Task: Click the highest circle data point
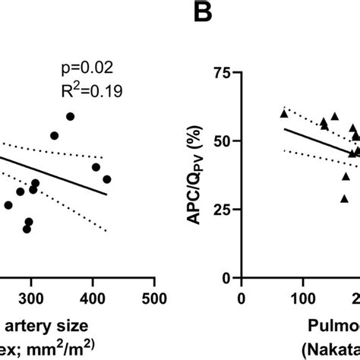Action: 71,116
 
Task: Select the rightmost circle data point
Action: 107,179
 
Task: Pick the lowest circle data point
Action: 27,229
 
